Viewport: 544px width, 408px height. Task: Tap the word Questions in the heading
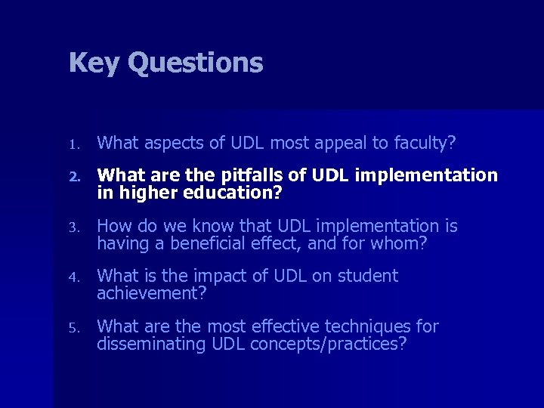(x=196, y=63)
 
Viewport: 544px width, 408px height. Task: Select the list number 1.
(x=73, y=143)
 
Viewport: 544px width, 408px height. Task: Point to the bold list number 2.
(x=73, y=177)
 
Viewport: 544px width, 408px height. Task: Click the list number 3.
(x=73, y=227)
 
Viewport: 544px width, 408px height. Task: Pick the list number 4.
(x=73, y=277)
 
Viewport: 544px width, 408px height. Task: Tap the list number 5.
(x=73, y=327)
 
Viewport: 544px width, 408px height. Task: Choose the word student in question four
(x=368, y=277)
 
